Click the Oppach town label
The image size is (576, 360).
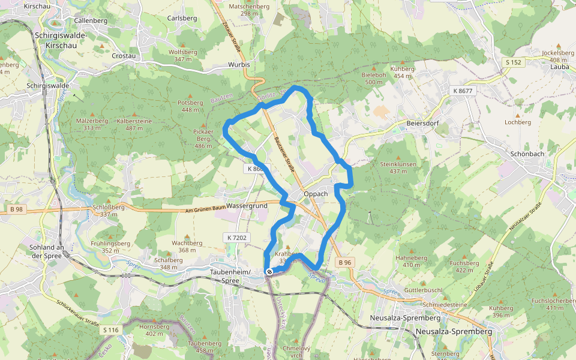[x=316, y=194]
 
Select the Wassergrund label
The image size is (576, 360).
[x=247, y=205]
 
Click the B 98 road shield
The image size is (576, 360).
[x=16, y=209]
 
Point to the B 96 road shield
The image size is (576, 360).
[x=344, y=262]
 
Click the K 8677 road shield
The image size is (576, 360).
[x=462, y=91]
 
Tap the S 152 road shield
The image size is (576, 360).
[x=513, y=62]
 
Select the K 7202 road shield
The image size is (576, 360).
[x=237, y=238]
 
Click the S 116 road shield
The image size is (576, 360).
[x=111, y=330]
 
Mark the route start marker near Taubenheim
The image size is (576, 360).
[x=269, y=272]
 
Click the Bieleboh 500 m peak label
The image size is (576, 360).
[x=373, y=78]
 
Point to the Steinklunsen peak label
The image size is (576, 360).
[x=398, y=167]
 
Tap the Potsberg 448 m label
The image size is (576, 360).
[x=190, y=106]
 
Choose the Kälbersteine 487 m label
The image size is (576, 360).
[x=134, y=124]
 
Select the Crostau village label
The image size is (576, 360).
[x=124, y=56]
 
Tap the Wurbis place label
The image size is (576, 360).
[x=238, y=64]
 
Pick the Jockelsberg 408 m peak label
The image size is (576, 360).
[x=554, y=56]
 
